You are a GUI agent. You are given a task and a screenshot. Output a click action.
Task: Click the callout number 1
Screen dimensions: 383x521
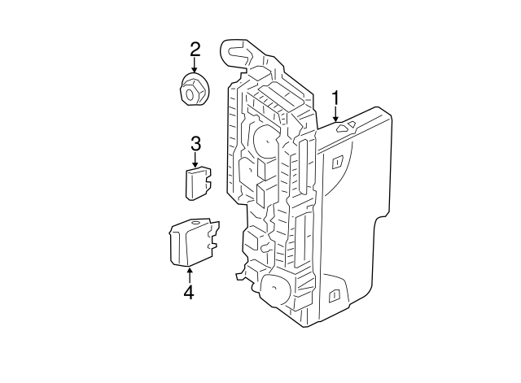coord(335,99)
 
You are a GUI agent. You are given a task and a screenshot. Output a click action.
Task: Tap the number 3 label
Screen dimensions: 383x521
coord(195,144)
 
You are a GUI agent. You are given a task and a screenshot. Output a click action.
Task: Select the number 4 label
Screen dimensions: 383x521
coord(189,290)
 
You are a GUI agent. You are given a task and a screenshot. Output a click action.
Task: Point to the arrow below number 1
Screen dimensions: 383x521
coord(335,115)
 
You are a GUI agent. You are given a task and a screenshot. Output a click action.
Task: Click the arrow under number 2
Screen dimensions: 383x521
coord(195,65)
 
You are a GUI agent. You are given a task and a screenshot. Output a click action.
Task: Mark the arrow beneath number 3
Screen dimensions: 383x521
coord(195,159)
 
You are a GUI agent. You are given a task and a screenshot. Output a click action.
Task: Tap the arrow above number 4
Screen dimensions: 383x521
coord(189,274)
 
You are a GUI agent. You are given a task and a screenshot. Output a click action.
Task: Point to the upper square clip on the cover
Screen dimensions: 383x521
coord(336,163)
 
